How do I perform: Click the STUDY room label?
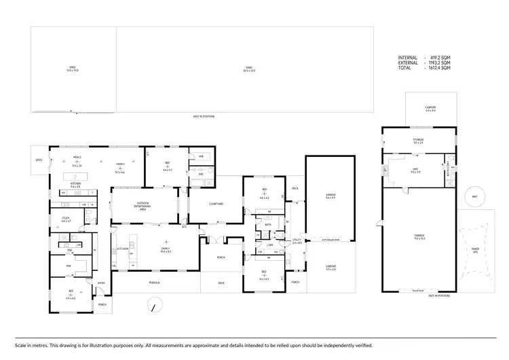66,219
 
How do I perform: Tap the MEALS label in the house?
77,156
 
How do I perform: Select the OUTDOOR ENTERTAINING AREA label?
143,204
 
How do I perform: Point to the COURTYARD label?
216,204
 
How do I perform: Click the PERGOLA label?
154,283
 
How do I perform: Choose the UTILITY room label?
297,240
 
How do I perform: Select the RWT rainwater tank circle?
474,198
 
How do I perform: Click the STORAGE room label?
418,140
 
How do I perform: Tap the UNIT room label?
415,170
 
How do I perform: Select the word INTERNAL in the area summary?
408,58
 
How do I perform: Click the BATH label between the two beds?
268,224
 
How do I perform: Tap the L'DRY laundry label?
269,245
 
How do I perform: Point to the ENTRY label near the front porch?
102,283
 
